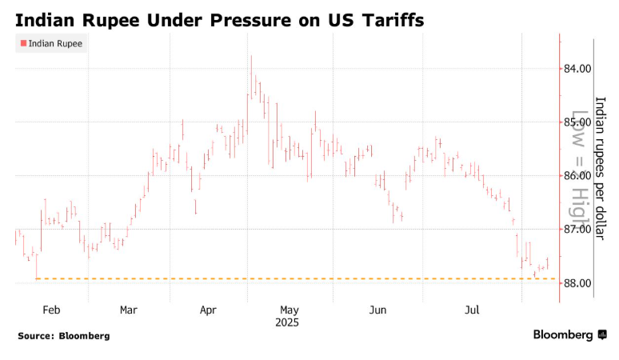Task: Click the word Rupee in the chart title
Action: (x=112, y=18)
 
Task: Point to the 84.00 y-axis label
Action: (x=577, y=69)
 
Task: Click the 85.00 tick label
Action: (x=577, y=122)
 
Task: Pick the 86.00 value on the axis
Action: (x=577, y=176)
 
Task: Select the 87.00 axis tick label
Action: (x=577, y=230)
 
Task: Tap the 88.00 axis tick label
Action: (x=577, y=283)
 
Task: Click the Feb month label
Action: (x=51, y=310)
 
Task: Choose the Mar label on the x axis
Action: (x=128, y=310)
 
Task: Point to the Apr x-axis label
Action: (x=208, y=310)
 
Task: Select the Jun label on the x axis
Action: (x=377, y=310)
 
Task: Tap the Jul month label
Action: (x=472, y=310)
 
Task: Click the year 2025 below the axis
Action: (x=287, y=322)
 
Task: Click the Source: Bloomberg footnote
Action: (x=64, y=336)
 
